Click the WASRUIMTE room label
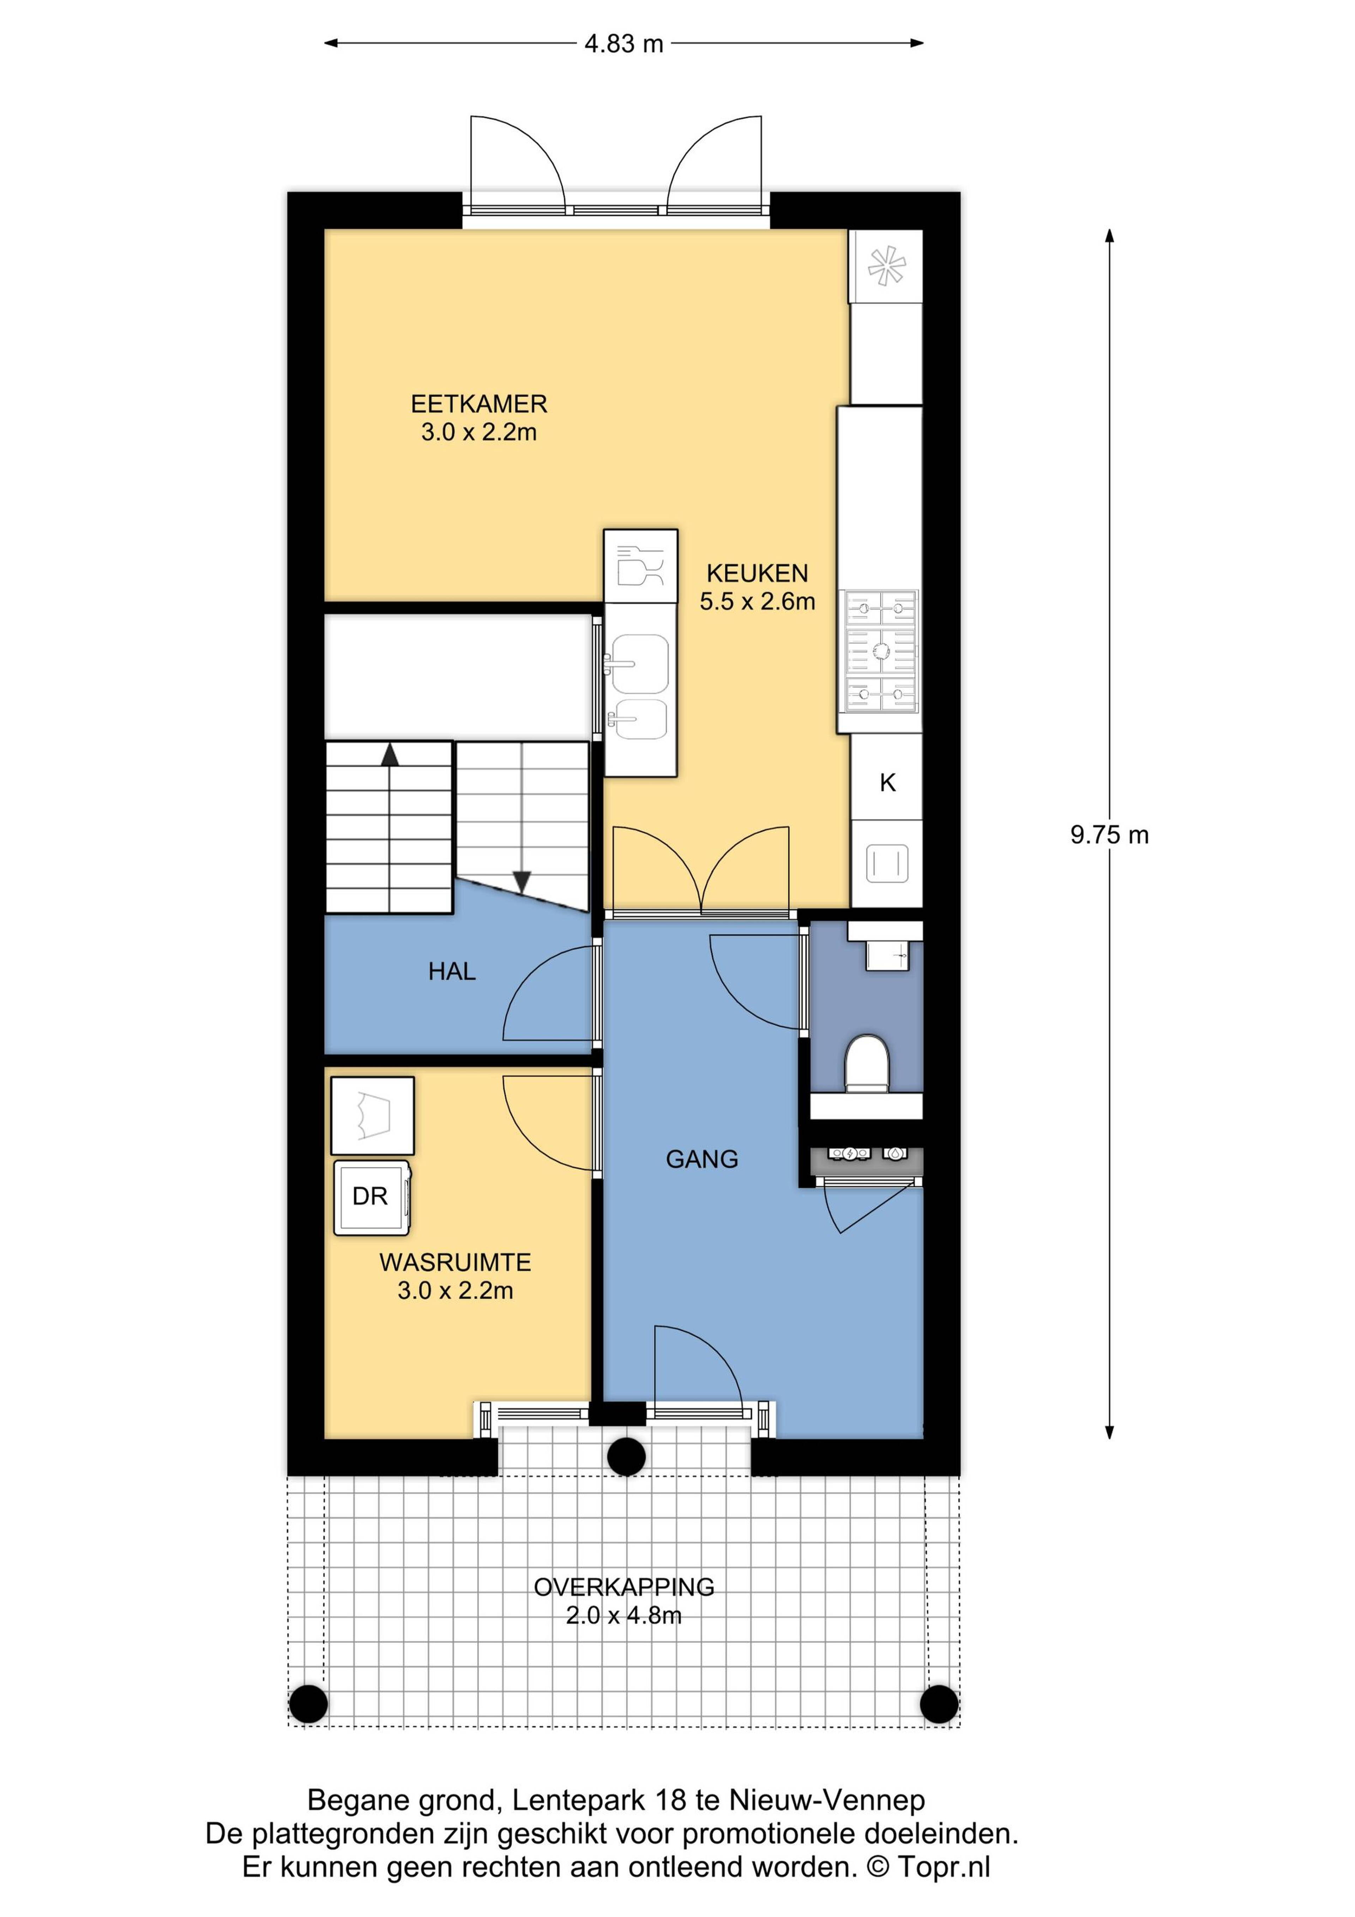point(455,1263)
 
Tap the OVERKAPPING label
point(624,1587)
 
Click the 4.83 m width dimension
point(624,43)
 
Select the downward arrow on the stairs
point(522,881)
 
